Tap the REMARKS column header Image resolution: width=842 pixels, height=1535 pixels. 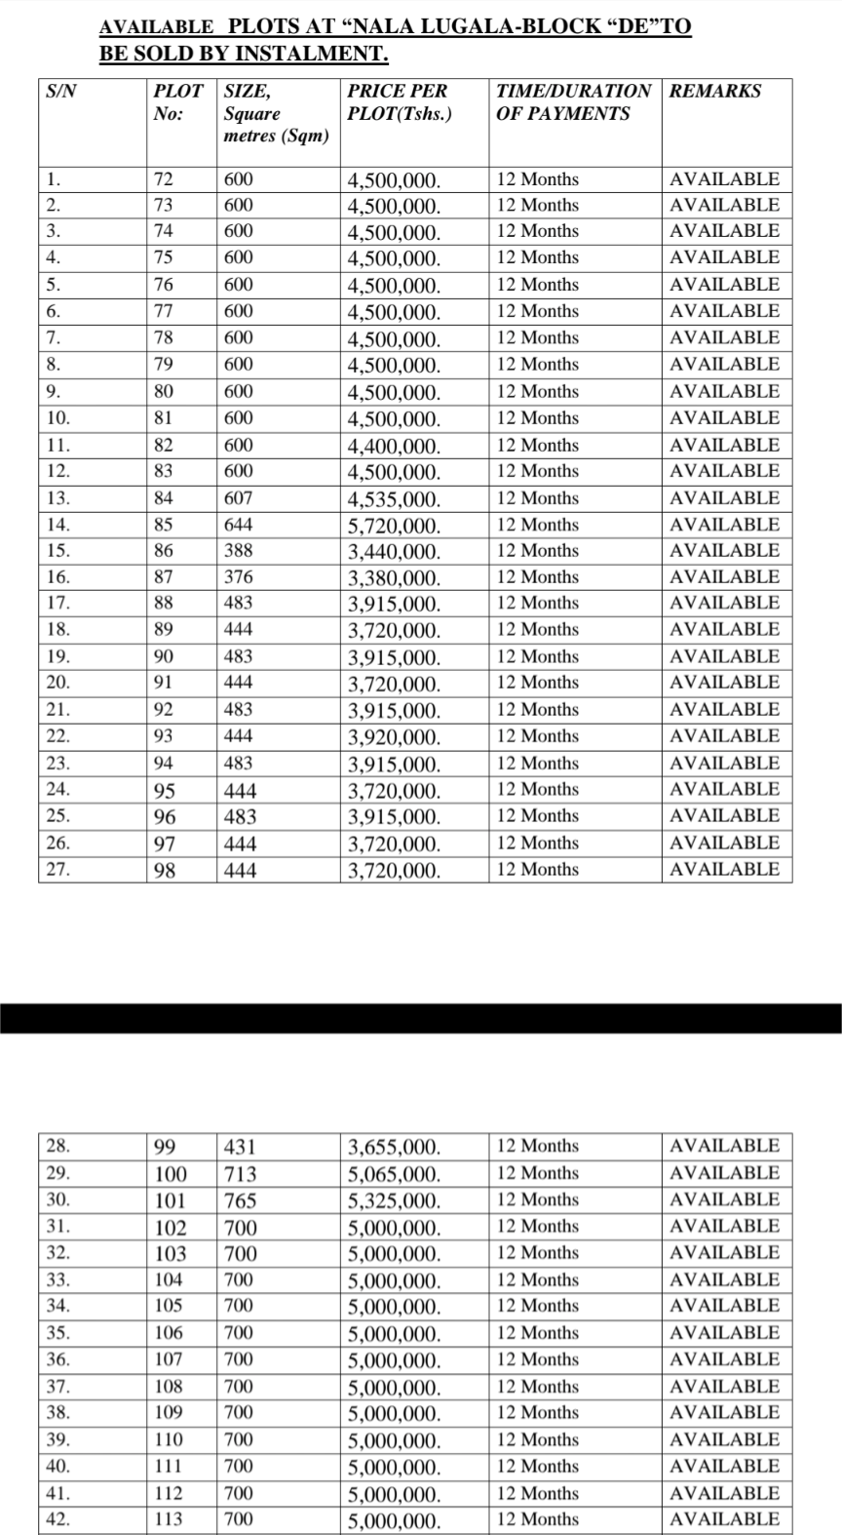tap(715, 92)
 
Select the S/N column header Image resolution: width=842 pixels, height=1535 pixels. tap(60, 92)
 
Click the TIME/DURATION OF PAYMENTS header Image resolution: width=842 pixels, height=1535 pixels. tap(573, 102)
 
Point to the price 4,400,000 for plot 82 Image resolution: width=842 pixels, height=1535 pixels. tap(394, 447)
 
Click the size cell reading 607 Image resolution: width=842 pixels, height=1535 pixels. tap(239, 498)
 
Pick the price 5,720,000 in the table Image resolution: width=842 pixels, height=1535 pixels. tap(394, 527)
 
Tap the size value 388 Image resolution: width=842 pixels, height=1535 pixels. tap(239, 551)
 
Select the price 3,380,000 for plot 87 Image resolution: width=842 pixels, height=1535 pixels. tap(394, 579)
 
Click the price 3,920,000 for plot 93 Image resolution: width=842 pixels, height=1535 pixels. tap(394, 738)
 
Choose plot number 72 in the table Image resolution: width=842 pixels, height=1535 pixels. tap(164, 179)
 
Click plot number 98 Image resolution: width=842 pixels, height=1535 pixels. tap(165, 871)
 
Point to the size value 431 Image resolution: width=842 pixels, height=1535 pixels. tap(240, 1147)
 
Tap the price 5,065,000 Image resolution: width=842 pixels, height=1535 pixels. tap(394, 1175)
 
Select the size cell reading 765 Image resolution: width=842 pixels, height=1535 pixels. tap(240, 1201)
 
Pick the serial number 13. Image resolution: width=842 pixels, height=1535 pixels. tap(57, 498)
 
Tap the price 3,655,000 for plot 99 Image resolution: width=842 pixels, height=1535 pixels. tap(394, 1148)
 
